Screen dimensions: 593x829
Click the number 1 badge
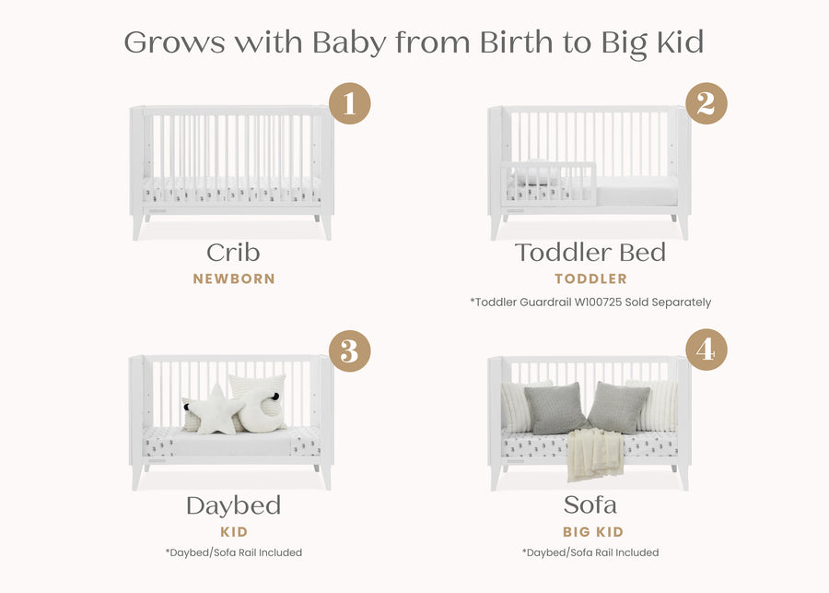pos(349,103)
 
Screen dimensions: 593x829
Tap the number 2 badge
pos(706,103)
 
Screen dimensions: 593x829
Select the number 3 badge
pos(349,351)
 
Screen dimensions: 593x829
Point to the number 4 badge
pos(706,351)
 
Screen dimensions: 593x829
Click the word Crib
pos(233,253)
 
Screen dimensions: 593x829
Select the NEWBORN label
pos(234,279)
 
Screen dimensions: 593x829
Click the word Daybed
pos(233,505)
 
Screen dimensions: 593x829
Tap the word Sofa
pos(590,505)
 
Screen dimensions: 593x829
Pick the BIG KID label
pos(593,532)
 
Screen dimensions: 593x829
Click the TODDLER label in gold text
pos(590,279)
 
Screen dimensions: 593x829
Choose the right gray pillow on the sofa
pos(618,407)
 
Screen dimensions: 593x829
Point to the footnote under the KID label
pos(233,552)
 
